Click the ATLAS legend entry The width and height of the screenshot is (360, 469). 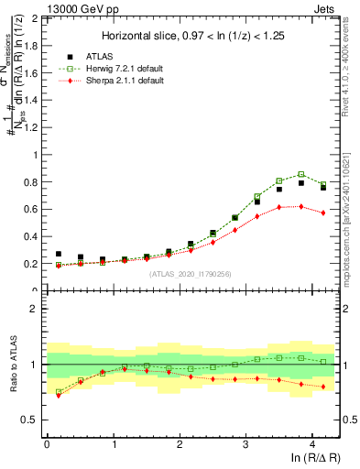click(100, 56)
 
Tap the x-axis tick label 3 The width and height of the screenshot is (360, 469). click(245, 443)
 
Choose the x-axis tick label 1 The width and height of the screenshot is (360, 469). click(113, 443)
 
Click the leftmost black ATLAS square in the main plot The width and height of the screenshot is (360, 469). click(59, 254)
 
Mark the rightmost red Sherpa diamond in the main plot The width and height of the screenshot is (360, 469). click(322, 213)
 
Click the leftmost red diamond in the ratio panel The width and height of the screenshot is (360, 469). click(59, 395)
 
